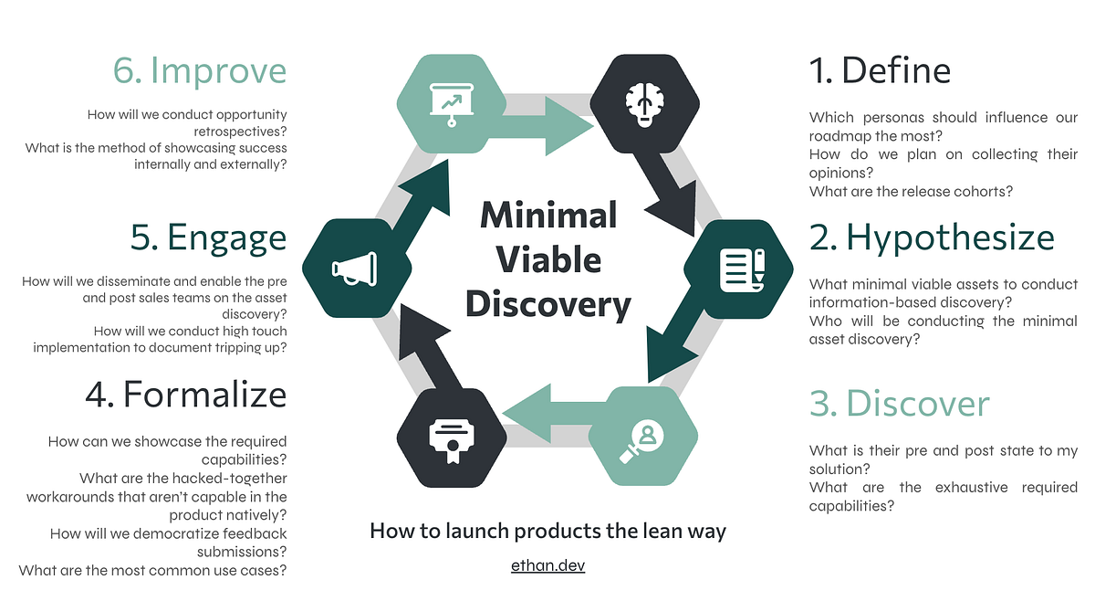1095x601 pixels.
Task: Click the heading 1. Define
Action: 880,70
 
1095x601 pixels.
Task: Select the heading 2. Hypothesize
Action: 932,237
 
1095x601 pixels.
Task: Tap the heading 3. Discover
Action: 899,404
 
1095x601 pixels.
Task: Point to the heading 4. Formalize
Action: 185,394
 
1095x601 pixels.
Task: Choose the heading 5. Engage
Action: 208,237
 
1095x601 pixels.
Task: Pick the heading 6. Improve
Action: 200,70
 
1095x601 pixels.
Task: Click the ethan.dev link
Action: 547,565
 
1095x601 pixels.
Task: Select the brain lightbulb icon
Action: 644,102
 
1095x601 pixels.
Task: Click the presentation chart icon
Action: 450,102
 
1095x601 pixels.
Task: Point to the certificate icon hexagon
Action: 450,437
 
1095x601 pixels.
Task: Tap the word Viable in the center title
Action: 547,260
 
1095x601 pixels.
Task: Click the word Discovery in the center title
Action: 547,304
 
